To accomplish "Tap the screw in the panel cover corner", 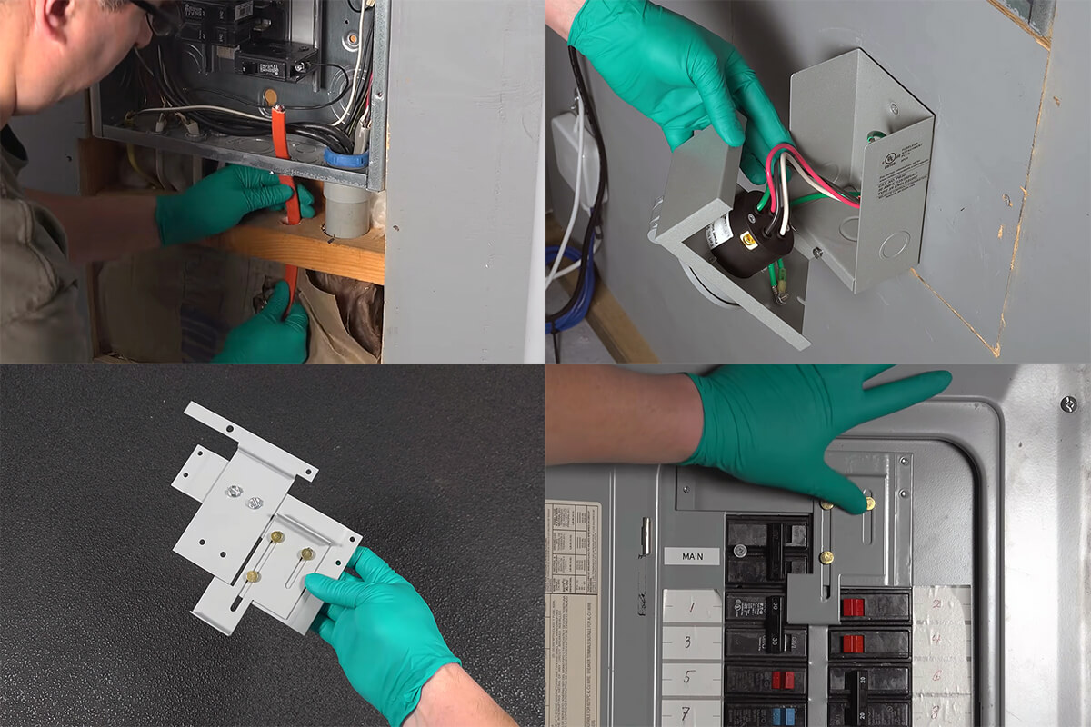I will (1068, 403).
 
